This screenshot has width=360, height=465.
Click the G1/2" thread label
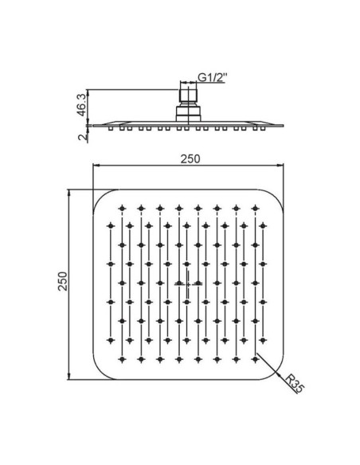(213, 77)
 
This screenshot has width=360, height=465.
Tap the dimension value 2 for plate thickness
(83, 137)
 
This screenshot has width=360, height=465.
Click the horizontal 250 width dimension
(190, 159)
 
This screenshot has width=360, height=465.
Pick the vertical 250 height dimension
(63, 281)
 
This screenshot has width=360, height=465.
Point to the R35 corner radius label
(295, 384)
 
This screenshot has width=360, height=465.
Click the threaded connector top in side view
(188, 95)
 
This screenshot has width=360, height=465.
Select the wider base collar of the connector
(189, 114)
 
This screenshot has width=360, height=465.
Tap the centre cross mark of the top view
(188, 283)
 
